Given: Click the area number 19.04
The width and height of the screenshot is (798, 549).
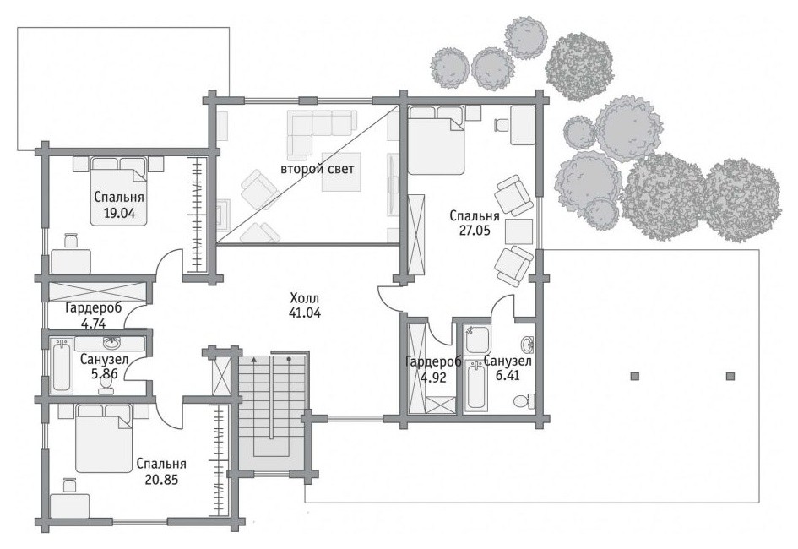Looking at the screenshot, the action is [x=119, y=213].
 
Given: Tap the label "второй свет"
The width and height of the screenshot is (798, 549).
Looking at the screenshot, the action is [x=317, y=169].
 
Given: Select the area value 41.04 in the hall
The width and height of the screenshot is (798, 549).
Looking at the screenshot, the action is [x=305, y=313].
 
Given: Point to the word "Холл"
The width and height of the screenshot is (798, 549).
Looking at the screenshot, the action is [x=304, y=297].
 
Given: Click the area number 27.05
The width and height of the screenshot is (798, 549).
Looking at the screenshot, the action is [x=475, y=230].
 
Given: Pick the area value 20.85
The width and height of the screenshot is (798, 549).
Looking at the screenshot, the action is [x=161, y=479].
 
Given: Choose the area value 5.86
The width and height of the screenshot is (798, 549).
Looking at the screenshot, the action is [x=105, y=374].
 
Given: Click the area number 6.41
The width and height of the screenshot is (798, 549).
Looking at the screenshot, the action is [x=508, y=376].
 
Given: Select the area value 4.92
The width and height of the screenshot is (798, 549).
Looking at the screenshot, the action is [x=433, y=378].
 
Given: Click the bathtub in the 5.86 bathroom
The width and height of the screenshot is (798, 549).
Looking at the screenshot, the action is [x=62, y=367].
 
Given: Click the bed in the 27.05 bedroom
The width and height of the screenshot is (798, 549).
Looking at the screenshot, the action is [x=437, y=140].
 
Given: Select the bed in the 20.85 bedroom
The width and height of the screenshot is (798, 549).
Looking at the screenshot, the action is [x=104, y=438].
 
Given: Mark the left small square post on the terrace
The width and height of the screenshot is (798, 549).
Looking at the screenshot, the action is [x=635, y=376].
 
